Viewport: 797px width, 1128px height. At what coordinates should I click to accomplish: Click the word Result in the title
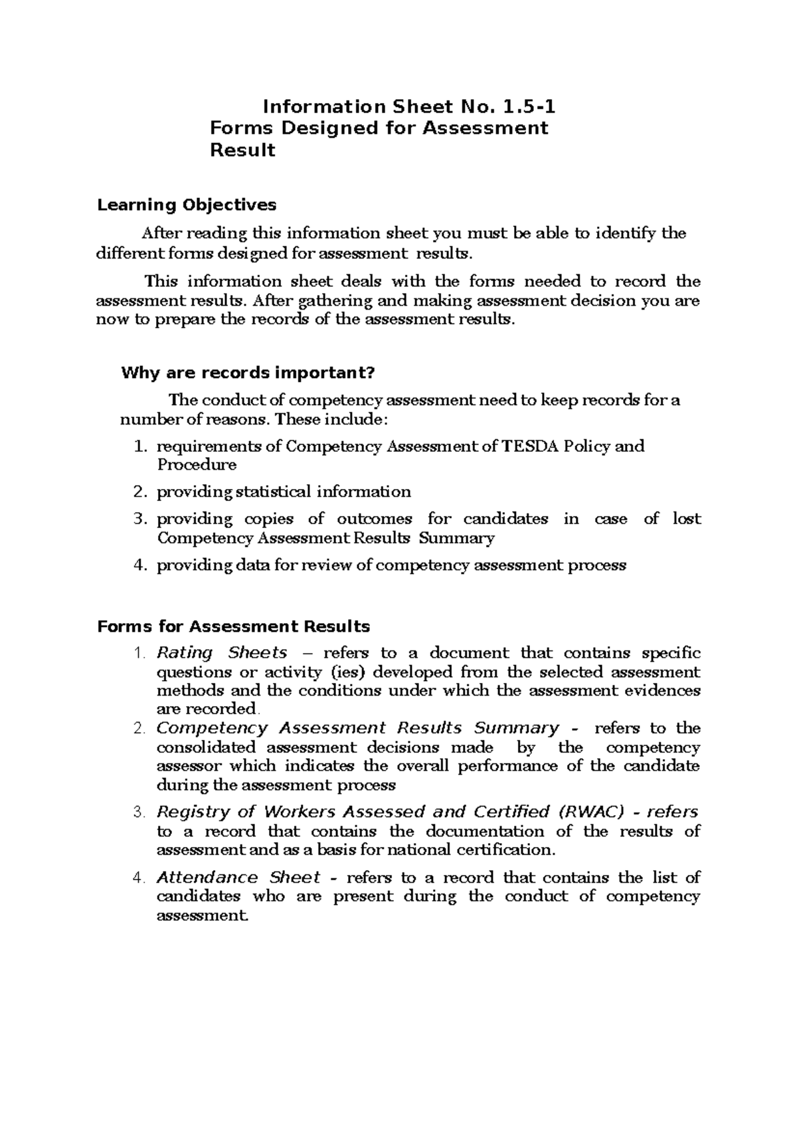tap(242, 151)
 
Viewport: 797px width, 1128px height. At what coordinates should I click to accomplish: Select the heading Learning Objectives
tap(187, 205)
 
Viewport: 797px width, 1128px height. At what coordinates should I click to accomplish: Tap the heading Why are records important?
tap(248, 373)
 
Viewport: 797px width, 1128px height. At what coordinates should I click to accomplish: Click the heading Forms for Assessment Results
tap(233, 626)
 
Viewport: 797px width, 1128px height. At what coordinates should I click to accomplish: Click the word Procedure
tap(197, 464)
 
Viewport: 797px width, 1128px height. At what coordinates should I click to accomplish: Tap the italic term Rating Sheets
tap(221, 652)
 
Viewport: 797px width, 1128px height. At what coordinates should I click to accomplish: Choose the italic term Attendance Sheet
tap(238, 878)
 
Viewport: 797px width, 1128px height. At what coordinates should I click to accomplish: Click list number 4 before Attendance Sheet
tap(139, 878)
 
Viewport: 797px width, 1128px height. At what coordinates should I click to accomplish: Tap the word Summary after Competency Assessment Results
tap(458, 537)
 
